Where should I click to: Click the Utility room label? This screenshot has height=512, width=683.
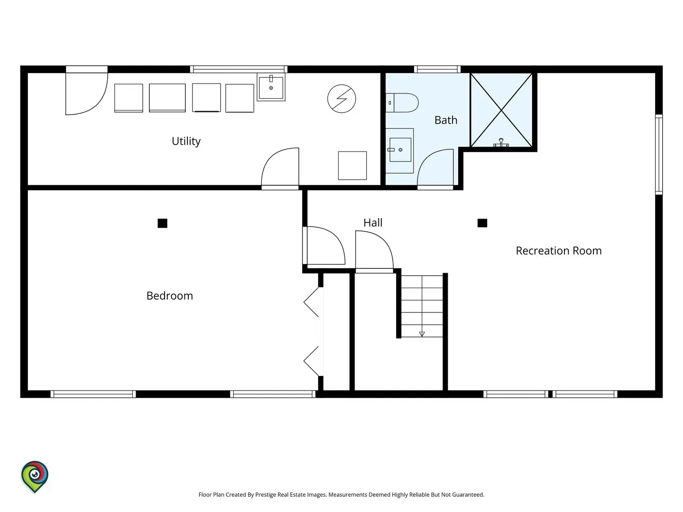coord(186,141)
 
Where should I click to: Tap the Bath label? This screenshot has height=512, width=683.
coord(445,120)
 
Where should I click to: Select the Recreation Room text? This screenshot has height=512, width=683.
coord(559,251)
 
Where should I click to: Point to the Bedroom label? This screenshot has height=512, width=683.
coord(170,296)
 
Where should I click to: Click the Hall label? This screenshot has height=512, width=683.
coord(373,223)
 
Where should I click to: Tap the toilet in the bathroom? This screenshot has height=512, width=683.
coord(402,102)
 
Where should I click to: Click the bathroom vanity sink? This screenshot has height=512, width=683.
coord(400,150)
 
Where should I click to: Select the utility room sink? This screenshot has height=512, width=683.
coord(271,87)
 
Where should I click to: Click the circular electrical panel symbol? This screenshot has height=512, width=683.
coord(341,99)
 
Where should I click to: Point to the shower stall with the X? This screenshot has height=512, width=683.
coord(501,110)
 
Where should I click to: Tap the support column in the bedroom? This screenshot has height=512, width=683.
coord(162,223)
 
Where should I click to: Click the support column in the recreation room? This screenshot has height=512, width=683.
coord(482,223)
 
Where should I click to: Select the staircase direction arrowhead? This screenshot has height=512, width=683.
coord(422,334)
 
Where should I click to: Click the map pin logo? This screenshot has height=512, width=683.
coord(35,476)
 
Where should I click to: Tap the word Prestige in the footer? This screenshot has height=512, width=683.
coord(266,494)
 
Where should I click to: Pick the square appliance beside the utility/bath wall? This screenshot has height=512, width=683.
coord(352,165)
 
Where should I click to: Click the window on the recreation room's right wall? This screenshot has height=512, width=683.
coord(659,155)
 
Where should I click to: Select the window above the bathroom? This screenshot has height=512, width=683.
coord(437,69)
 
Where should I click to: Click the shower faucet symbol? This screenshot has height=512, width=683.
coord(501,143)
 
